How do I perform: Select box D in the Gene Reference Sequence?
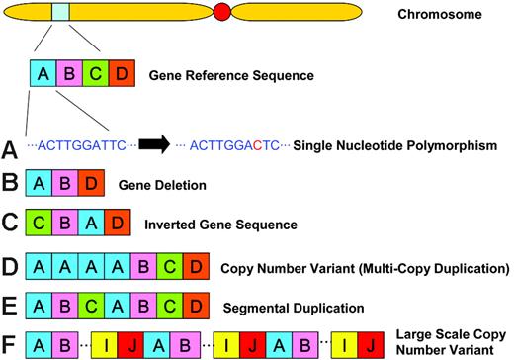(119, 75)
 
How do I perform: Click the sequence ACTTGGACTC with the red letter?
(232, 146)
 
